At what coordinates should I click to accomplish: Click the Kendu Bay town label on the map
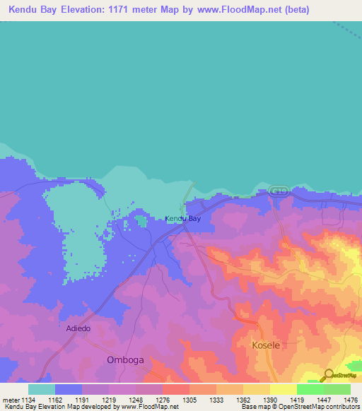[183, 219]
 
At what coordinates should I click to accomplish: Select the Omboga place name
[124, 359]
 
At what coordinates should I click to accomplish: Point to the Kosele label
[267, 345]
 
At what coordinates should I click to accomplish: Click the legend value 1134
[28, 399]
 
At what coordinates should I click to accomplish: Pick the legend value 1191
[69, 399]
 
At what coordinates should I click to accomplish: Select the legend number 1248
[136, 399]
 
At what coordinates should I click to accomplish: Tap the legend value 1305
[189, 399]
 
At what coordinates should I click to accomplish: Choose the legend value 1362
[243, 399]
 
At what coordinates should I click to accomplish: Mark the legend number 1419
[297, 399]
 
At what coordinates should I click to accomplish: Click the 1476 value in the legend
[350, 399]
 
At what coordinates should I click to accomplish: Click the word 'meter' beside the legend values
[10, 399]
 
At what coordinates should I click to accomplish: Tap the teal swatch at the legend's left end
[42, 389]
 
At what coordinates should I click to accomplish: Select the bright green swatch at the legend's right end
[337, 389]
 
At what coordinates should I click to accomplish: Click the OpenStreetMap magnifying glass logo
[328, 375]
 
